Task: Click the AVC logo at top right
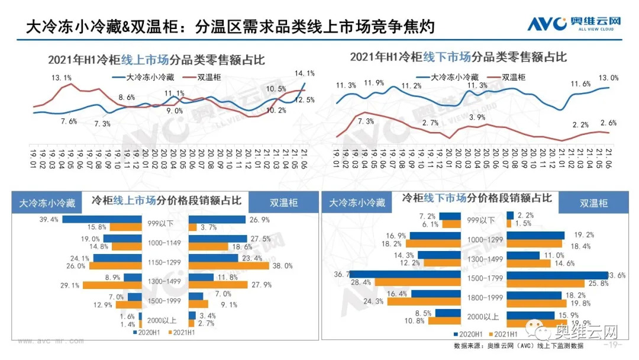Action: pyautogui.click(x=574, y=24)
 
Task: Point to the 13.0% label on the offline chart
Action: pyautogui.click(x=609, y=78)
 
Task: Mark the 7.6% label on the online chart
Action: pyautogui.click(x=69, y=121)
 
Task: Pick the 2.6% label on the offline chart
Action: pyautogui.click(x=608, y=123)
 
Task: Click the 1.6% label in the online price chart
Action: pyautogui.click(x=128, y=317)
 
